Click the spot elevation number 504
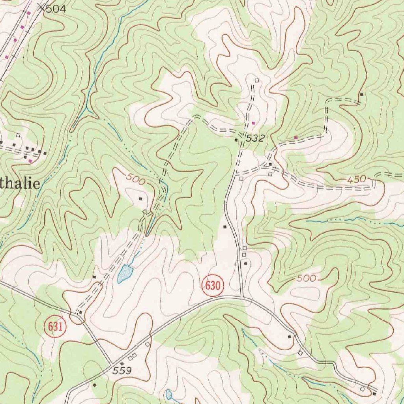tap(56, 9)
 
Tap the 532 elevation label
tap(255, 138)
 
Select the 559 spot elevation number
tap(122, 371)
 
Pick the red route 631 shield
tap(56, 327)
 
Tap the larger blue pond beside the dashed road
tap(125, 273)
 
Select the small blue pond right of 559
tap(169, 394)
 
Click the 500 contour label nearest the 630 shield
tap(306, 279)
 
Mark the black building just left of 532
tap(236, 140)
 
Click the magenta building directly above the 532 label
tap(253, 123)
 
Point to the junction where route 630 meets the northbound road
tap(242, 296)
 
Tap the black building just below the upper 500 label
tap(141, 198)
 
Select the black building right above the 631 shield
tap(80, 312)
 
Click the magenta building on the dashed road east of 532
tap(296, 137)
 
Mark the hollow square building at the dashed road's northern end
tap(257, 80)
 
